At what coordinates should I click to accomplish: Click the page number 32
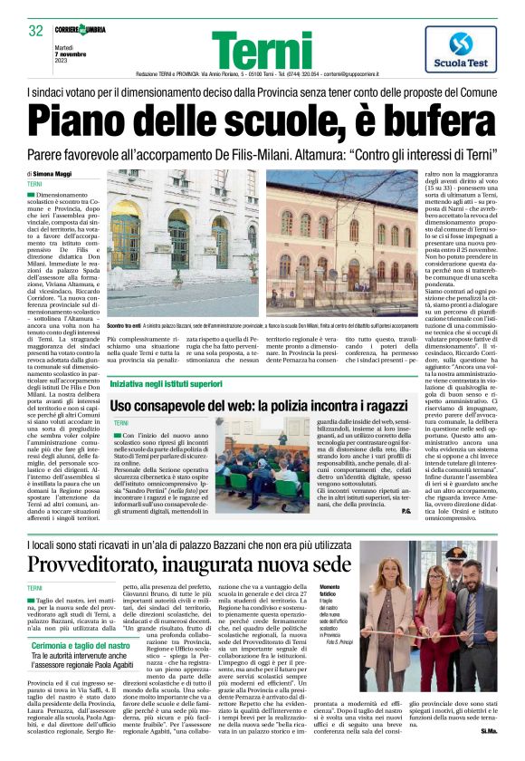coord(36,32)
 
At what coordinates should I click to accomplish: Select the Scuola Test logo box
coord(459,48)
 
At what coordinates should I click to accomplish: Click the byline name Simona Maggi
coord(52,173)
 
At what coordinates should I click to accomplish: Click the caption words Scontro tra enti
coord(125,324)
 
